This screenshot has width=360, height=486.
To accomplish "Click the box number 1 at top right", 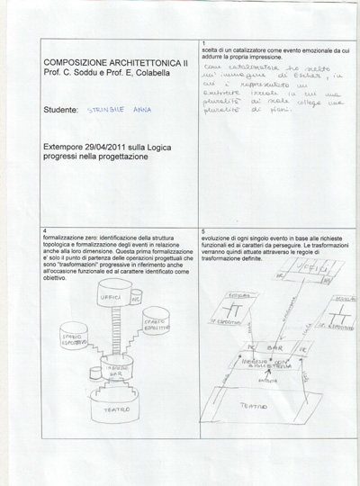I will (x=205, y=43).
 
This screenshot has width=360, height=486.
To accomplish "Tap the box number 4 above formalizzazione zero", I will (x=46, y=231).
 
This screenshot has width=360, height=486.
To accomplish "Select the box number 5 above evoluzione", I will (x=205, y=231).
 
